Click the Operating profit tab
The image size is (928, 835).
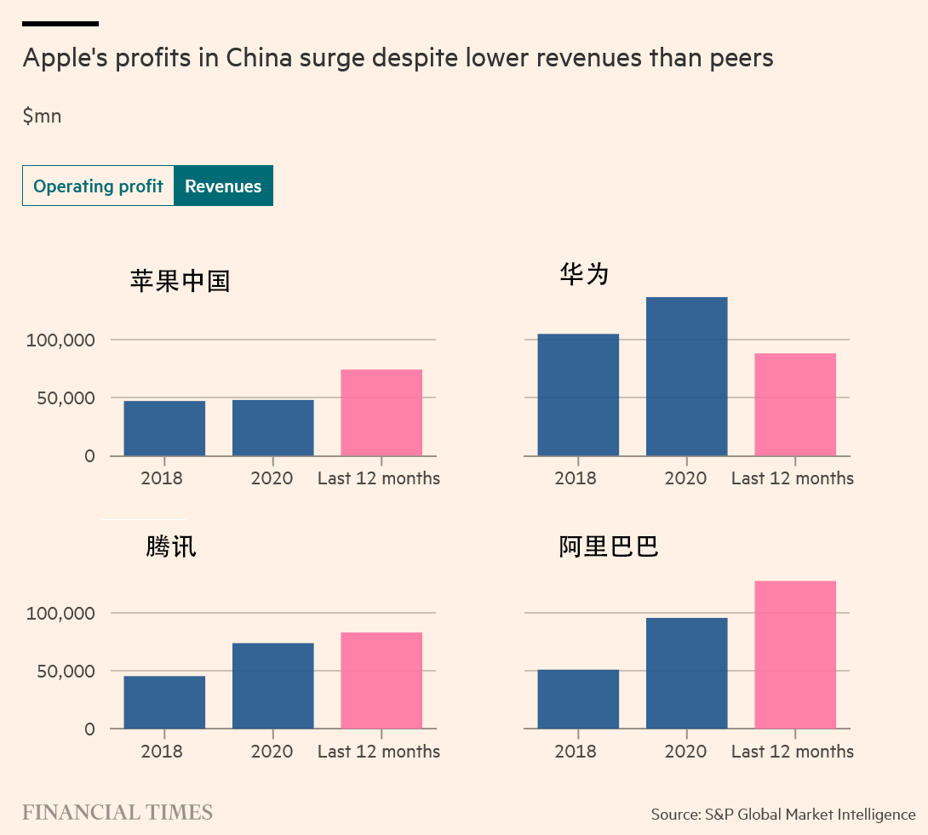[x=98, y=186]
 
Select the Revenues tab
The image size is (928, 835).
[x=223, y=186]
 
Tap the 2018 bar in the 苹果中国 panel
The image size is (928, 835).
[x=164, y=428]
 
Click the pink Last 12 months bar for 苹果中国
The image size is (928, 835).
[x=381, y=413]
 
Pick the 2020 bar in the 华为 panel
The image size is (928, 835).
[x=686, y=376]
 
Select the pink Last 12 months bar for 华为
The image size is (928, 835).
[x=795, y=404]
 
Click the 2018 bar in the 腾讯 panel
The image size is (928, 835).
[x=164, y=702]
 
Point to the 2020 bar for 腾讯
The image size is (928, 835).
[x=272, y=686]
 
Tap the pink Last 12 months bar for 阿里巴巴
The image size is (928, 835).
[x=795, y=655]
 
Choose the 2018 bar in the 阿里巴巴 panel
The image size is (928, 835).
[x=578, y=699]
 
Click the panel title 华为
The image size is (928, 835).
[x=584, y=273]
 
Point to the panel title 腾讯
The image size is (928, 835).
[x=170, y=546]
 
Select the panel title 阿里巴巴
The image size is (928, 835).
[x=609, y=546]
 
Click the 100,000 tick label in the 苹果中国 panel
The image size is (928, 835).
[x=60, y=340]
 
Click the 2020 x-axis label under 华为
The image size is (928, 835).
[x=685, y=478]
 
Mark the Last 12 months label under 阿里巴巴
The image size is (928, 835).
[x=792, y=752]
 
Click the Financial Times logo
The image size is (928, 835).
[x=117, y=813]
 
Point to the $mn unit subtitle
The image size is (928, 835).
[x=42, y=116]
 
